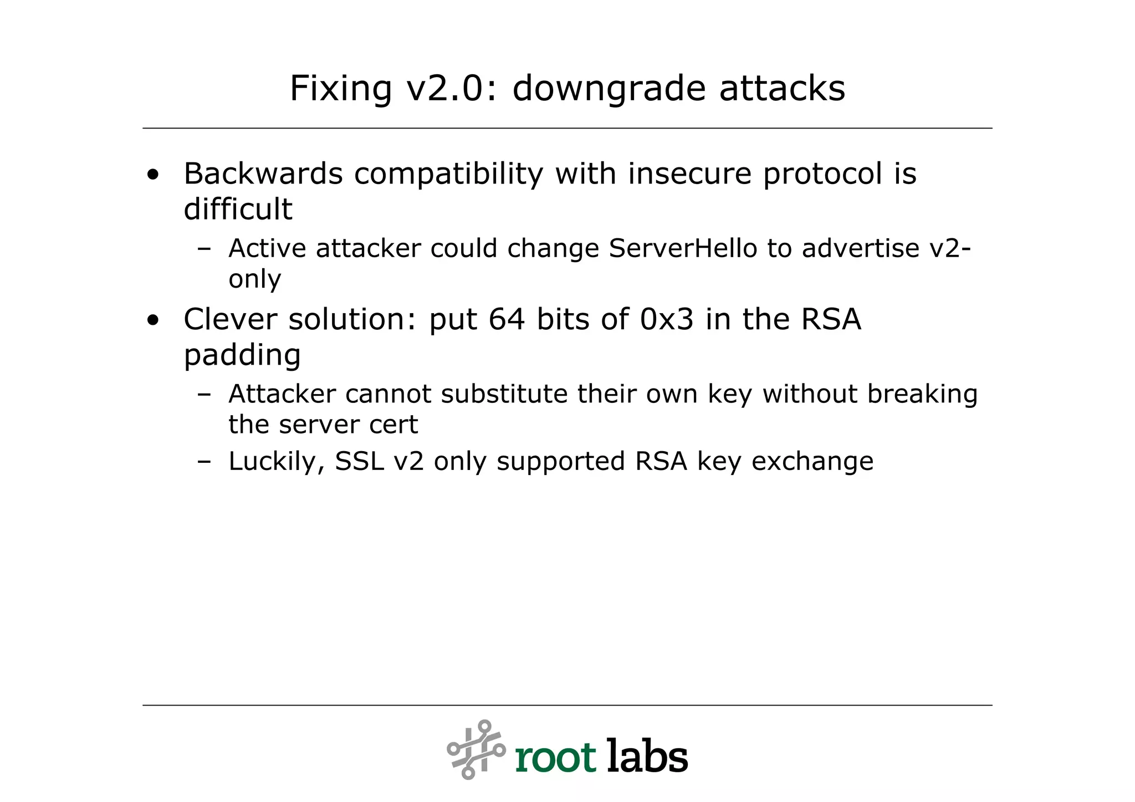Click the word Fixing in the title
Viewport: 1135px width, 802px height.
tap(340, 89)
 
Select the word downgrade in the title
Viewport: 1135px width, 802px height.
tap(609, 89)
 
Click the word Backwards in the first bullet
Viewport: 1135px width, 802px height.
tap(263, 174)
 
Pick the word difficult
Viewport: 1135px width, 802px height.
tap(238, 210)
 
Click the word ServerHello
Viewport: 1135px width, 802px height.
tap(683, 248)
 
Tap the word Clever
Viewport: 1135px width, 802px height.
tap(230, 320)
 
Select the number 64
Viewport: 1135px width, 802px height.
tap(507, 320)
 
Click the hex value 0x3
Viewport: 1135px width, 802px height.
tap(667, 320)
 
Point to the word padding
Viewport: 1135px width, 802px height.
tap(242, 355)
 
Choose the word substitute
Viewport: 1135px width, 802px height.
tap(504, 394)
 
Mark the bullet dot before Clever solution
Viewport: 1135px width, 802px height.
tap(153, 321)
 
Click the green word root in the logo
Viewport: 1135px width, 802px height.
tap(555, 758)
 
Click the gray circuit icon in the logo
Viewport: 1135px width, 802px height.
tap(476, 749)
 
